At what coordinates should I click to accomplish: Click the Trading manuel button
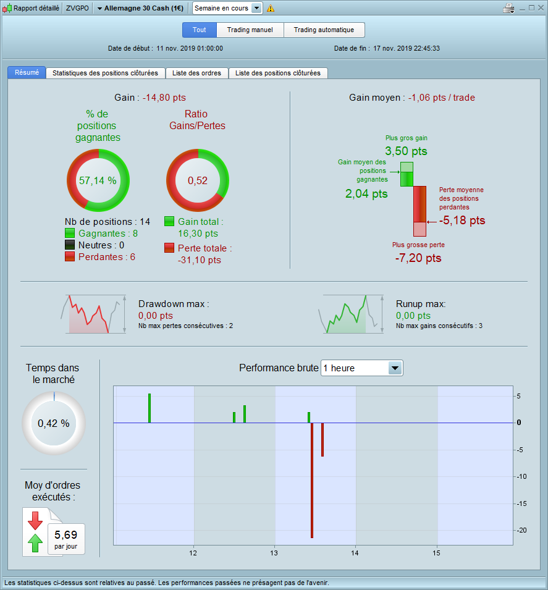tap(250, 30)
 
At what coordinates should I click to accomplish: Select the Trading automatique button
tap(324, 30)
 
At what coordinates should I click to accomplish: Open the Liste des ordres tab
tap(196, 73)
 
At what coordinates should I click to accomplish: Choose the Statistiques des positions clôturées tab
tap(106, 73)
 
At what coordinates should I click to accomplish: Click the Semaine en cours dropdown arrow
tap(256, 8)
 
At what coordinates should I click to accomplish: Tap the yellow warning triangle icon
tap(271, 8)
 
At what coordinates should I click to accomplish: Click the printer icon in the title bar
tap(508, 8)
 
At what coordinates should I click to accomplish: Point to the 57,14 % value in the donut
tap(98, 180)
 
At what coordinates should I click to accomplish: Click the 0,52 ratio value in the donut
tap(198, 180)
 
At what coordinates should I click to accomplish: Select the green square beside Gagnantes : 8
tap(70, 234)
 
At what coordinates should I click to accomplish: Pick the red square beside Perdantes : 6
tap(70, 256)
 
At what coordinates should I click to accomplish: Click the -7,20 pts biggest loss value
tap(418, 258)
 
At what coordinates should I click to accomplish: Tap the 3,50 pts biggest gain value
tap(406, 151)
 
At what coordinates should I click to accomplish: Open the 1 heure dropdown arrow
tap(395, 368)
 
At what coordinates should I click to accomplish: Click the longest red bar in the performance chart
tap(312, 480)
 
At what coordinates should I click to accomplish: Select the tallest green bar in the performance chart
tap(150, 408)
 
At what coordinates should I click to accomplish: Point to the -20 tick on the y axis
tap(521, 530)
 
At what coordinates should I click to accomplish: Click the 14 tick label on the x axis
tap(355, 553)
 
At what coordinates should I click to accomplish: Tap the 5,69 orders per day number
tap(66, 534)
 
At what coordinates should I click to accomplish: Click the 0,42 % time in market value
tap(54, 424)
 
